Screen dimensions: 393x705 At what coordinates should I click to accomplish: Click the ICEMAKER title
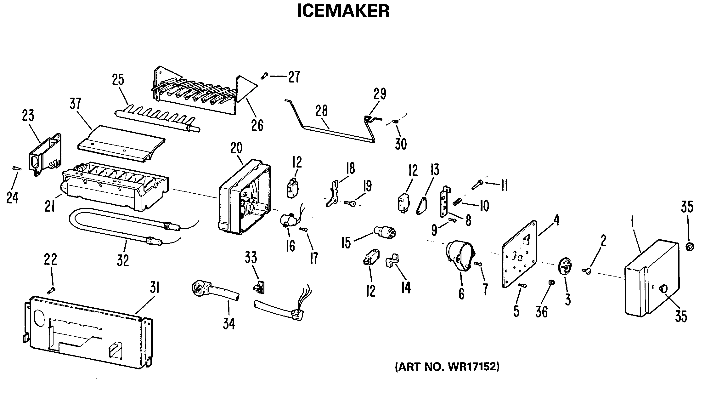click(x=343, y=11)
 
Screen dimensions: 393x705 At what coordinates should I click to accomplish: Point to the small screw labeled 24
click(x=17, y=168)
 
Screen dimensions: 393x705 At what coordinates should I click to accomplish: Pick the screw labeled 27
click(x=264, y=76)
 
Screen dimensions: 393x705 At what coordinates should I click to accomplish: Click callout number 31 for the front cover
click(x=155, y=289)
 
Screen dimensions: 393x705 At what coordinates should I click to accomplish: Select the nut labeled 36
click(x=551, y=282)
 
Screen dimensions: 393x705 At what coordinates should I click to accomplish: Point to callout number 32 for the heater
click(x=123, y=260)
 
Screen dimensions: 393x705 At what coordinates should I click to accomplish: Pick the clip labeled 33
click(x=259, y=286)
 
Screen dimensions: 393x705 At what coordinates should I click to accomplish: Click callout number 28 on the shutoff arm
click(x=321, y=111)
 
